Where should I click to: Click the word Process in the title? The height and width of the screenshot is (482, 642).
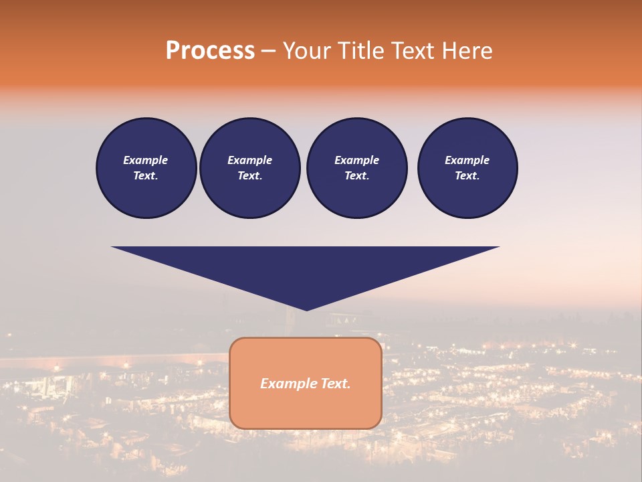click(x=210, y=50)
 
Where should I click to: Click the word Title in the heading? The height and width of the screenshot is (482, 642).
click(x=358, y=51)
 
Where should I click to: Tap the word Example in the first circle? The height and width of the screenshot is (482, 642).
click(x=145, y=160)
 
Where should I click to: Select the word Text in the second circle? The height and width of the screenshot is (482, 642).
click(x=249, y=176)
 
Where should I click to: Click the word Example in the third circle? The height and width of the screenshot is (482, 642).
click(x=356, y=160)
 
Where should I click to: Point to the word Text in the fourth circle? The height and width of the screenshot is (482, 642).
click(x=467, y=176)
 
